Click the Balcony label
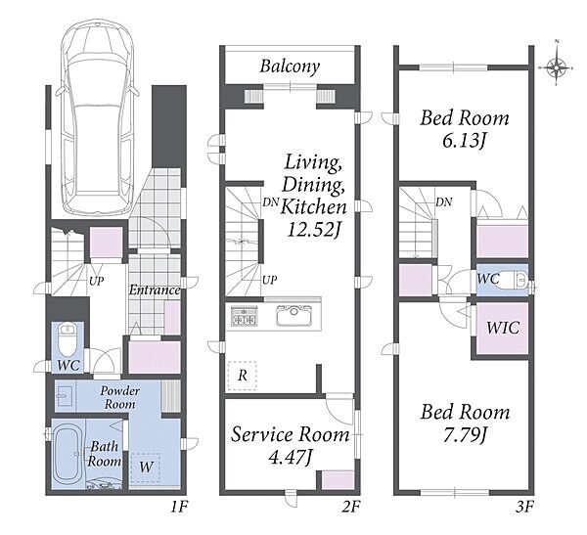pos(290,67)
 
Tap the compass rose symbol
pos(558,67)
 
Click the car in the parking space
pos(97,117)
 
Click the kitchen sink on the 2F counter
pos(294,316)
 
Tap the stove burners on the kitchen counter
pos(244,316)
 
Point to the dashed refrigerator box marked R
pos(243,376)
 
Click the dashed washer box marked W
pos(145,467)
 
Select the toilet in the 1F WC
pos(68,339)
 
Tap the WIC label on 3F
pos(503,328)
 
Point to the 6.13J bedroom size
pos(464,141)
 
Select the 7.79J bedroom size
pos(465,435)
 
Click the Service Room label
pos(291,434)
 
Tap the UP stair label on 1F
pos(96,281)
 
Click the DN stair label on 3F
pos(444,202)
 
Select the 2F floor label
pos(351,507)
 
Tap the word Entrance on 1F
pos(155,290)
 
